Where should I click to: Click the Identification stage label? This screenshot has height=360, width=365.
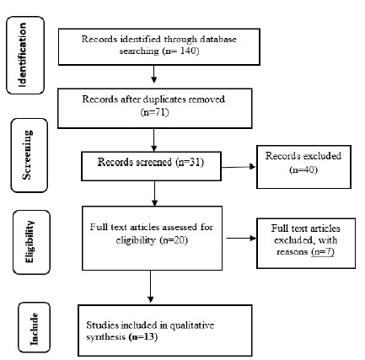[x=23, y=55]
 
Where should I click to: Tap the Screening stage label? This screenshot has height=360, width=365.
[x=27, y=155]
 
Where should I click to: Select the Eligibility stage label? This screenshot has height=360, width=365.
[x=30, y=242]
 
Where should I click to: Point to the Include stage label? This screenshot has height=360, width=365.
[x=34, y=329]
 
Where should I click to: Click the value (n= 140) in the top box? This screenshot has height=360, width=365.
[x=180, y=51]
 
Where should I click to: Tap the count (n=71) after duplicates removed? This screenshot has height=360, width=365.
[x=154, y=112]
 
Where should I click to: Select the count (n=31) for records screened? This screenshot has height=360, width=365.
[x=190, y=162]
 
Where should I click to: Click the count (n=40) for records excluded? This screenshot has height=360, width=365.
[x=303, y=169]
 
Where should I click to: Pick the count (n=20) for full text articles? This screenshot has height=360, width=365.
[x=174, y=240]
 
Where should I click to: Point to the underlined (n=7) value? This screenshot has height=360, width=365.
[x=323, y=251]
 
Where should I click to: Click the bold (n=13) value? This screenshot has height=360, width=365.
[x=143, y=336]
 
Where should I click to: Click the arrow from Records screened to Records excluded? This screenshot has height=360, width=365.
[x=239, y=167]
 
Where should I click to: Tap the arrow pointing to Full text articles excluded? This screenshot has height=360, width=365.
[x=241, y=239]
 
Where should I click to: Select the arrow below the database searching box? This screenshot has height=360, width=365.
[x=153, y=74]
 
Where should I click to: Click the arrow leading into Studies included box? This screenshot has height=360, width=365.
[x=151, y=287]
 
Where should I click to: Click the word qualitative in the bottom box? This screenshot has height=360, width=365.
[x=192, y=325]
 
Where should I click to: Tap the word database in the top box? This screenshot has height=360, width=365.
[x=218, y=39]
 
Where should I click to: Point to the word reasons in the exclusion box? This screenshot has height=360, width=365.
[x=293, y=252]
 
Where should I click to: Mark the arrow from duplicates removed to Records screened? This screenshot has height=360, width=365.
[x=153, y=140]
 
